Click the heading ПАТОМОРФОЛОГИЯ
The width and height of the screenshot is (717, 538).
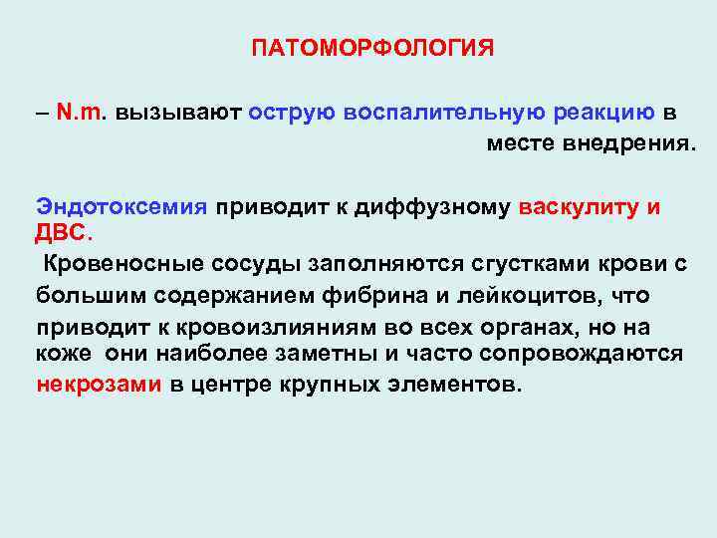tap(371, 49)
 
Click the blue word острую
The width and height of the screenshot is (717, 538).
tap(292, 113)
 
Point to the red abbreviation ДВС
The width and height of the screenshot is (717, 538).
tap(63, 232)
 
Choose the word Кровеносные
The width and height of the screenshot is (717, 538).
tap(119, 264)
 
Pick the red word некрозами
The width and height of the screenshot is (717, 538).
tap(99, 386)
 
